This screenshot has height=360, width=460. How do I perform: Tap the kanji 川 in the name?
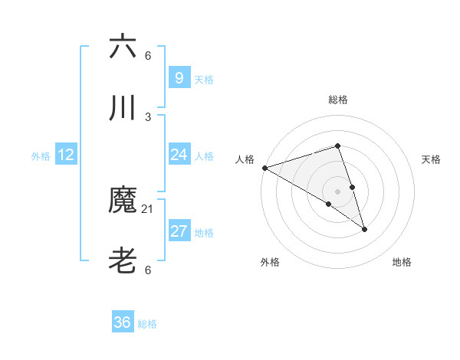tap(123, 108)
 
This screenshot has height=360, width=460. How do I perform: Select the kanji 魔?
tap(123, 201)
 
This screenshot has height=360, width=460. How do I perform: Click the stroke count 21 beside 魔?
tap(148, 208)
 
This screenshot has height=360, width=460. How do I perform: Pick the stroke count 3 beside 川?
tap(148, 116)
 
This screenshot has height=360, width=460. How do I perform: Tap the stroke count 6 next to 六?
tap(148, 55)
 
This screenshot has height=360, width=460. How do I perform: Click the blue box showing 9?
tap(179, 77)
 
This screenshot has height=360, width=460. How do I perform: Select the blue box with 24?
tap(179, 155)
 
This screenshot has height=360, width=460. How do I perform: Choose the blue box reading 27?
tap(179, 231)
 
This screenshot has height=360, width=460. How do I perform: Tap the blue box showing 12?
tap(66, 155)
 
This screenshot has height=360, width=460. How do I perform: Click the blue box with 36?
tap(123, 322)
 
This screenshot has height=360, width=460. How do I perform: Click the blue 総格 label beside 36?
tap(147, 324)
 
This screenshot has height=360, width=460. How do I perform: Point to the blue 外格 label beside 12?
tap(41, 156)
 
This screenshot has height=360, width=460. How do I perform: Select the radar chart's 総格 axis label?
tap(338, 100)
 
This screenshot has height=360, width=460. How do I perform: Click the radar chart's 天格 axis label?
tap(431, 159)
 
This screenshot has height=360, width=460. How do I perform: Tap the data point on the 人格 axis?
tap(264, 168)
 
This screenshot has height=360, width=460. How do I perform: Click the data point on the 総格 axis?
tap(338, 146)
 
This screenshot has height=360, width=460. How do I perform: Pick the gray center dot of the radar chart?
tap(338, 191)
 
